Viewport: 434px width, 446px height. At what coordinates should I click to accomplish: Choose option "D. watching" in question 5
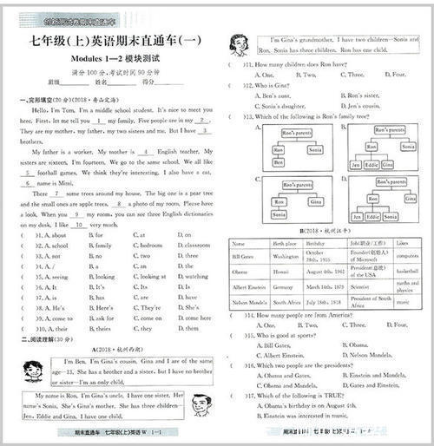pyautogui.click(x=194, y=277)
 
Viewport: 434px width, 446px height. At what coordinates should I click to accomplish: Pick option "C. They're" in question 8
pyautogui.click(x=148, y=308)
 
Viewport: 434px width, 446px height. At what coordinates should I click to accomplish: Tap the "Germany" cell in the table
pyautogui.click(x=285, y=285)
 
